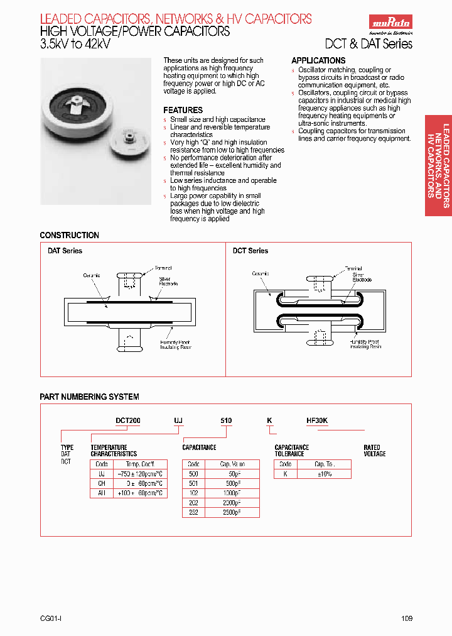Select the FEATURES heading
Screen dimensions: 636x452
(x=183, y=110)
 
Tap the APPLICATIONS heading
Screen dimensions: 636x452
(x=318, y=60)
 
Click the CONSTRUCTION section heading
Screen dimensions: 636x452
(x=69, y=235)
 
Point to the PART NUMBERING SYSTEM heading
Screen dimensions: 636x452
(x=89, y=397)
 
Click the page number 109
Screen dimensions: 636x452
(x=407, y=618)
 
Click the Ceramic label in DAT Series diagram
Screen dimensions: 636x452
(x=92, y=275)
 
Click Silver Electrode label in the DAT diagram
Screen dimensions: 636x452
(x=168, y=281)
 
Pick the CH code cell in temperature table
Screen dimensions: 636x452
(x=101, y=483)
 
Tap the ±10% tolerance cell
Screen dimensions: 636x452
(x=325, y=474)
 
